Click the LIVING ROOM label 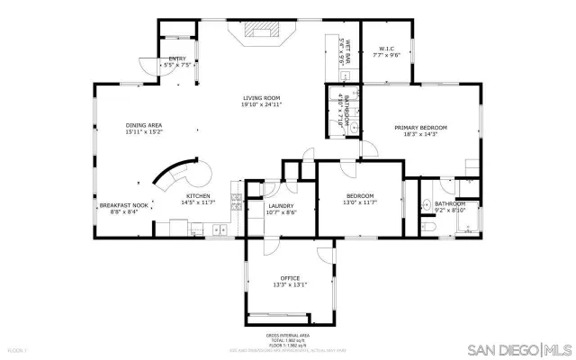(262, 97)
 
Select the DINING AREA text (144, 125)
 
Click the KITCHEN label (198, 196)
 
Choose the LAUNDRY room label (282, 205)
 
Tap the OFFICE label (289, 278)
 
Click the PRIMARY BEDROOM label (420, 128)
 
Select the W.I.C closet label (386, 48)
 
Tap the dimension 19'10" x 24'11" (262, 104)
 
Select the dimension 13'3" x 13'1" (289, 285)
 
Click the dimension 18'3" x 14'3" (420, 135)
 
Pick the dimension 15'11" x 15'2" (144, 132)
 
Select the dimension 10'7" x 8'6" (282, 212)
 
